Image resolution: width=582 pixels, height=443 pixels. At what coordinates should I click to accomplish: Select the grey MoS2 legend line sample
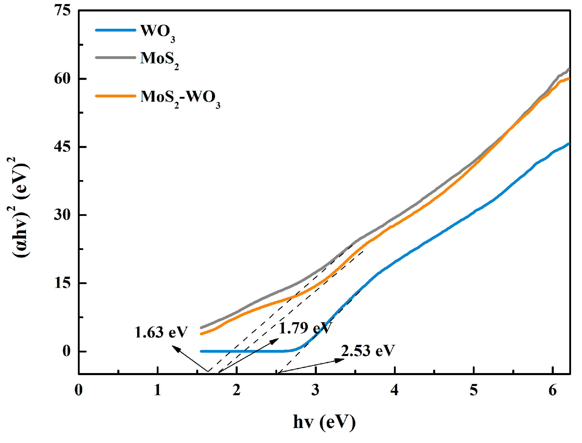click(x=115, y=58)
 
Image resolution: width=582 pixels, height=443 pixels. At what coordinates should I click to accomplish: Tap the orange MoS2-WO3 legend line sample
click(x=115, y=96)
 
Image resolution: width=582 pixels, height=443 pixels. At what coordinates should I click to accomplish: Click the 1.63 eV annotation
click(x=161, y=333)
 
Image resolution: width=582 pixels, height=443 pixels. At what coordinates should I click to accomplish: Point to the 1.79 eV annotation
click(x=305, y=328)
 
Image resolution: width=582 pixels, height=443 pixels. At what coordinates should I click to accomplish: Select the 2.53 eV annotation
click(x=368, y=351)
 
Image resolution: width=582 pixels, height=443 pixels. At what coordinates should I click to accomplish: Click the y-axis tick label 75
click(x=63, y=11)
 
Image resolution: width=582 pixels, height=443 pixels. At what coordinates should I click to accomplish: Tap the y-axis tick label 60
click(x=63, y=79)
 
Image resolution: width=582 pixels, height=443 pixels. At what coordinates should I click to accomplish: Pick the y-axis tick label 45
click(x=63, y=147)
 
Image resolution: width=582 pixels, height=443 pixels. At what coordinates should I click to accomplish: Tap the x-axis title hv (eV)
click(x=324, y=422)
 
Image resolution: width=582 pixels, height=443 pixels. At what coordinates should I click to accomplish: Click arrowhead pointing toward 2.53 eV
click(x=340, y=360)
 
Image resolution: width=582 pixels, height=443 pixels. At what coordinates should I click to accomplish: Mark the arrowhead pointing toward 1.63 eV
click(x=176, y=349)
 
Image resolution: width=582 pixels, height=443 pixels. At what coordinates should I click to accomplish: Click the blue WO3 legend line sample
click(x=115, y=30)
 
